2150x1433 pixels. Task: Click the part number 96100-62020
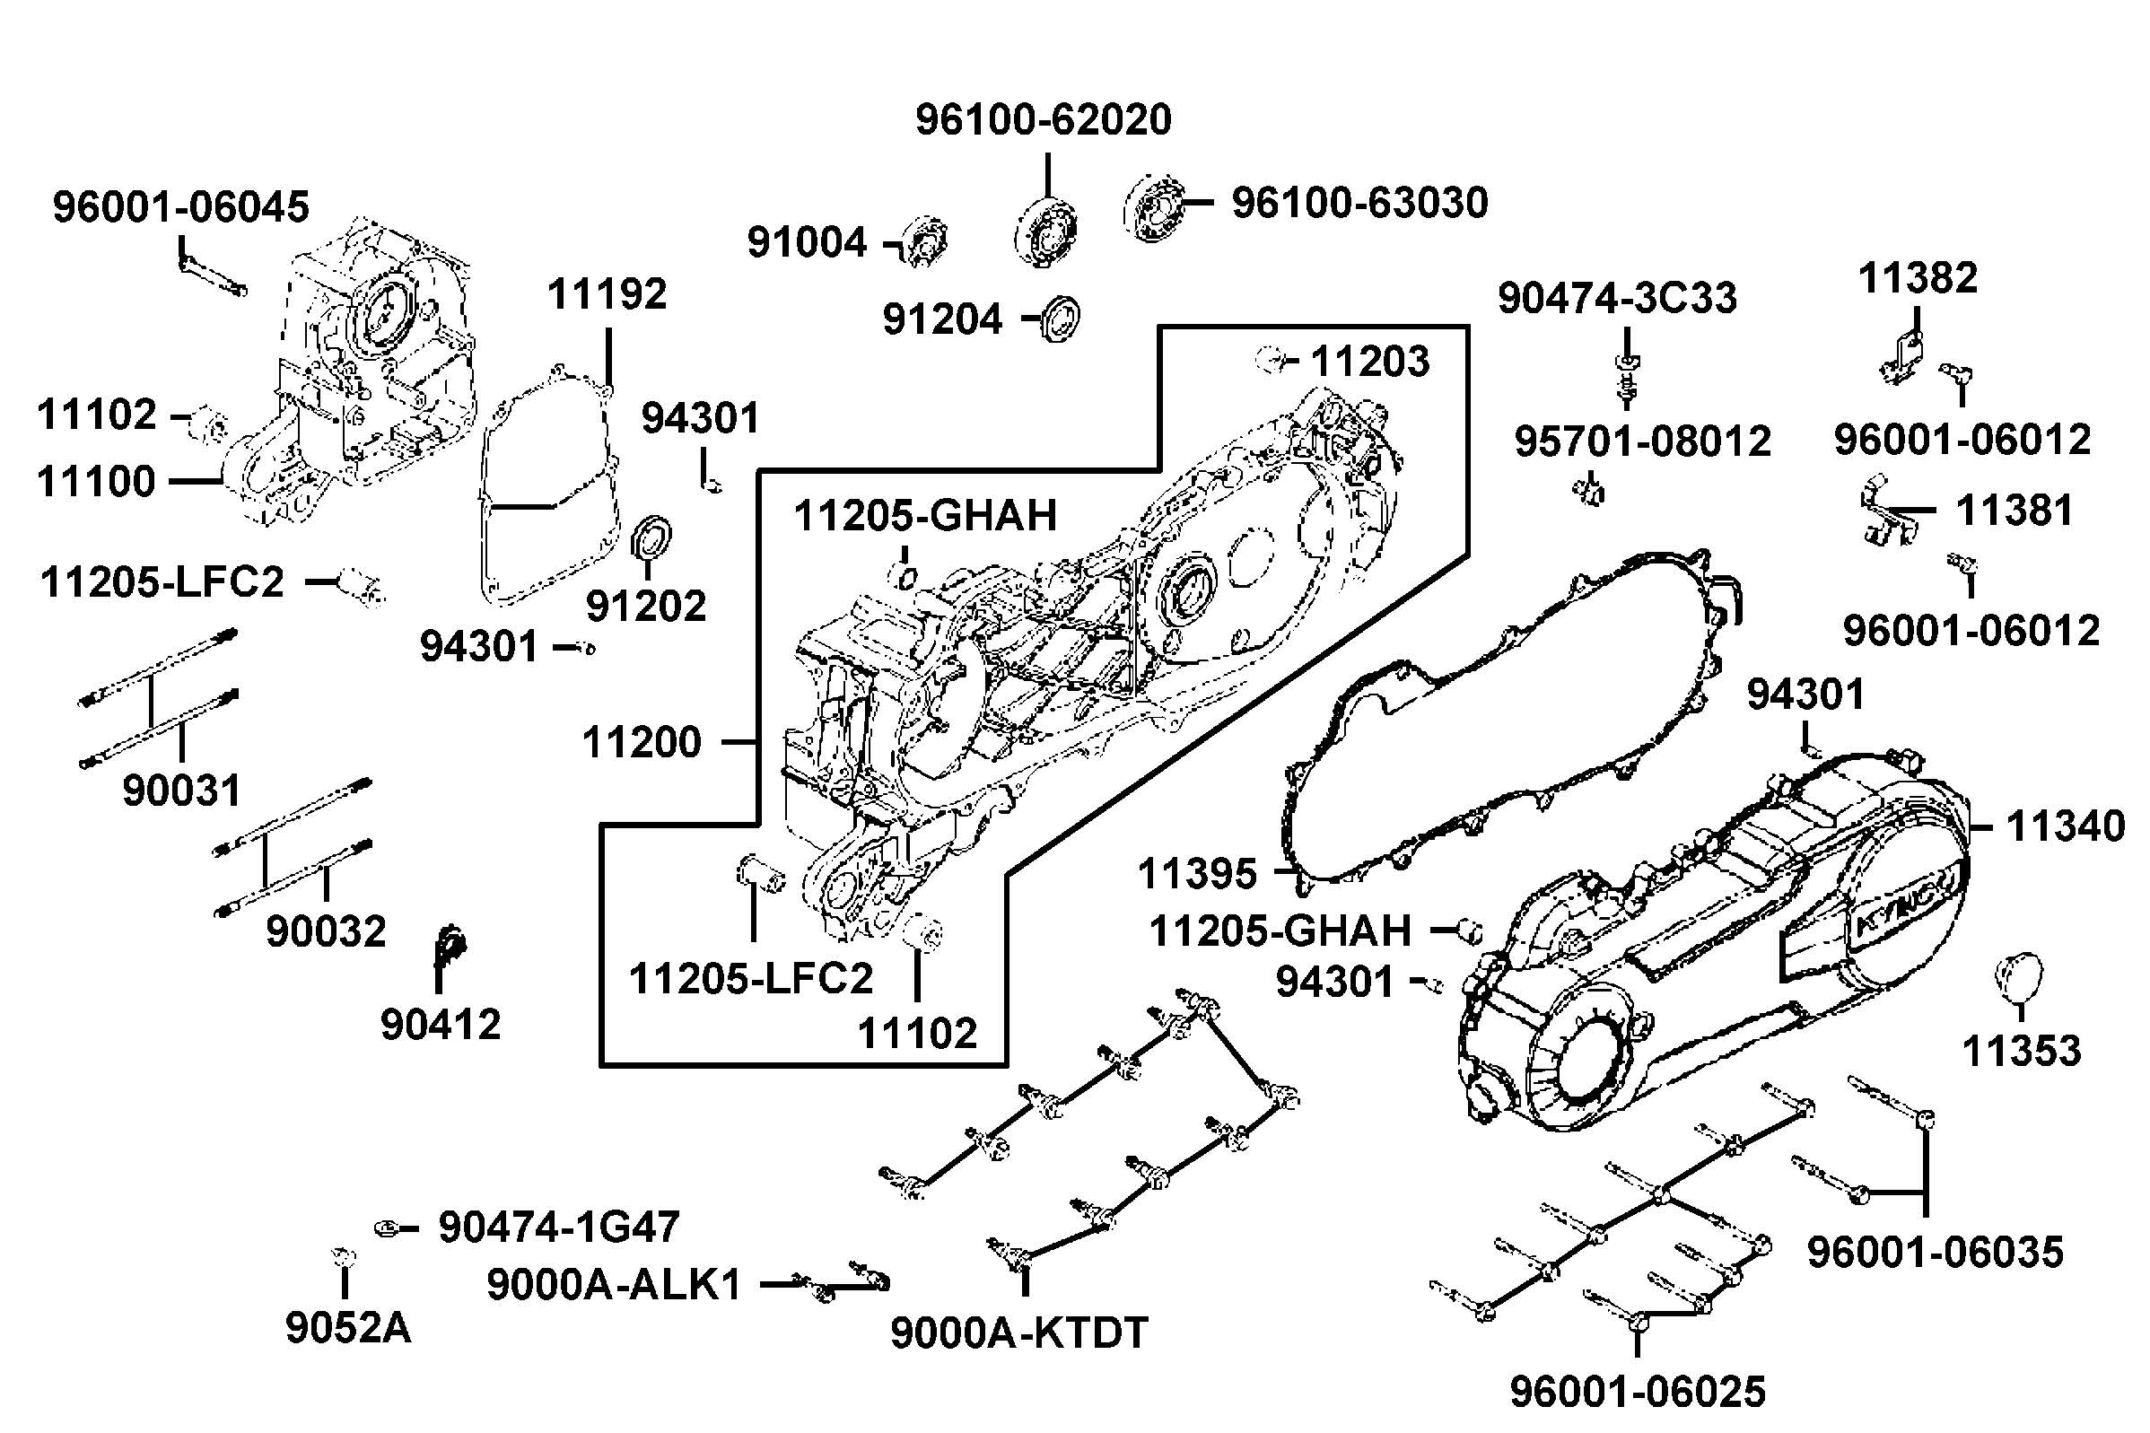point(1044,120)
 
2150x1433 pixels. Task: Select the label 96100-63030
point(1359,203)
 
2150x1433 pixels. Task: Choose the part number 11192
point(607,295)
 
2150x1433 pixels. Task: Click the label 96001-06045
point(181,207)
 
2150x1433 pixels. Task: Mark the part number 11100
point(96,482)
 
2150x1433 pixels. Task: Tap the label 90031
point(182,791)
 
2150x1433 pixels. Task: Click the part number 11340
point(2065,827)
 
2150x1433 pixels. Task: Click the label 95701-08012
point(1643,442)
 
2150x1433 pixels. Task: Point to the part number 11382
point(1918,278)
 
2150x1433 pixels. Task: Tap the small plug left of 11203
point(1270,359)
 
